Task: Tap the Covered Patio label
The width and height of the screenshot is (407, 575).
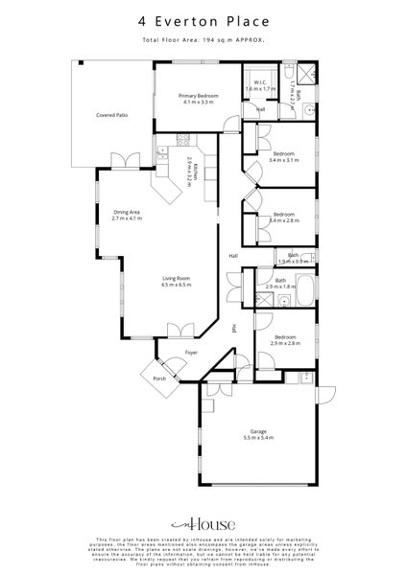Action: click(x=112, y=115)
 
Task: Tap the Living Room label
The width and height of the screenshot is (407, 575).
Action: click(x=177, y=281)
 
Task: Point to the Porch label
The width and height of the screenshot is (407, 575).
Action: click(x=158, y=379)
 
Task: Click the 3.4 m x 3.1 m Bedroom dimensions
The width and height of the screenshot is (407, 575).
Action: click(x=285, y=160)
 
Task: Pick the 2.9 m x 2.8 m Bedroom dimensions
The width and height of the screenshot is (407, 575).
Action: click(x=285, y=342)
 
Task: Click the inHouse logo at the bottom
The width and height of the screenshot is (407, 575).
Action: click(x=203, y=524)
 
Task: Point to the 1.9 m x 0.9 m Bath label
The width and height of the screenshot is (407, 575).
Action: click(x=293, y=259)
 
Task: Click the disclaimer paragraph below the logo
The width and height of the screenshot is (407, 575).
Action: click(x=203, y=553)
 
